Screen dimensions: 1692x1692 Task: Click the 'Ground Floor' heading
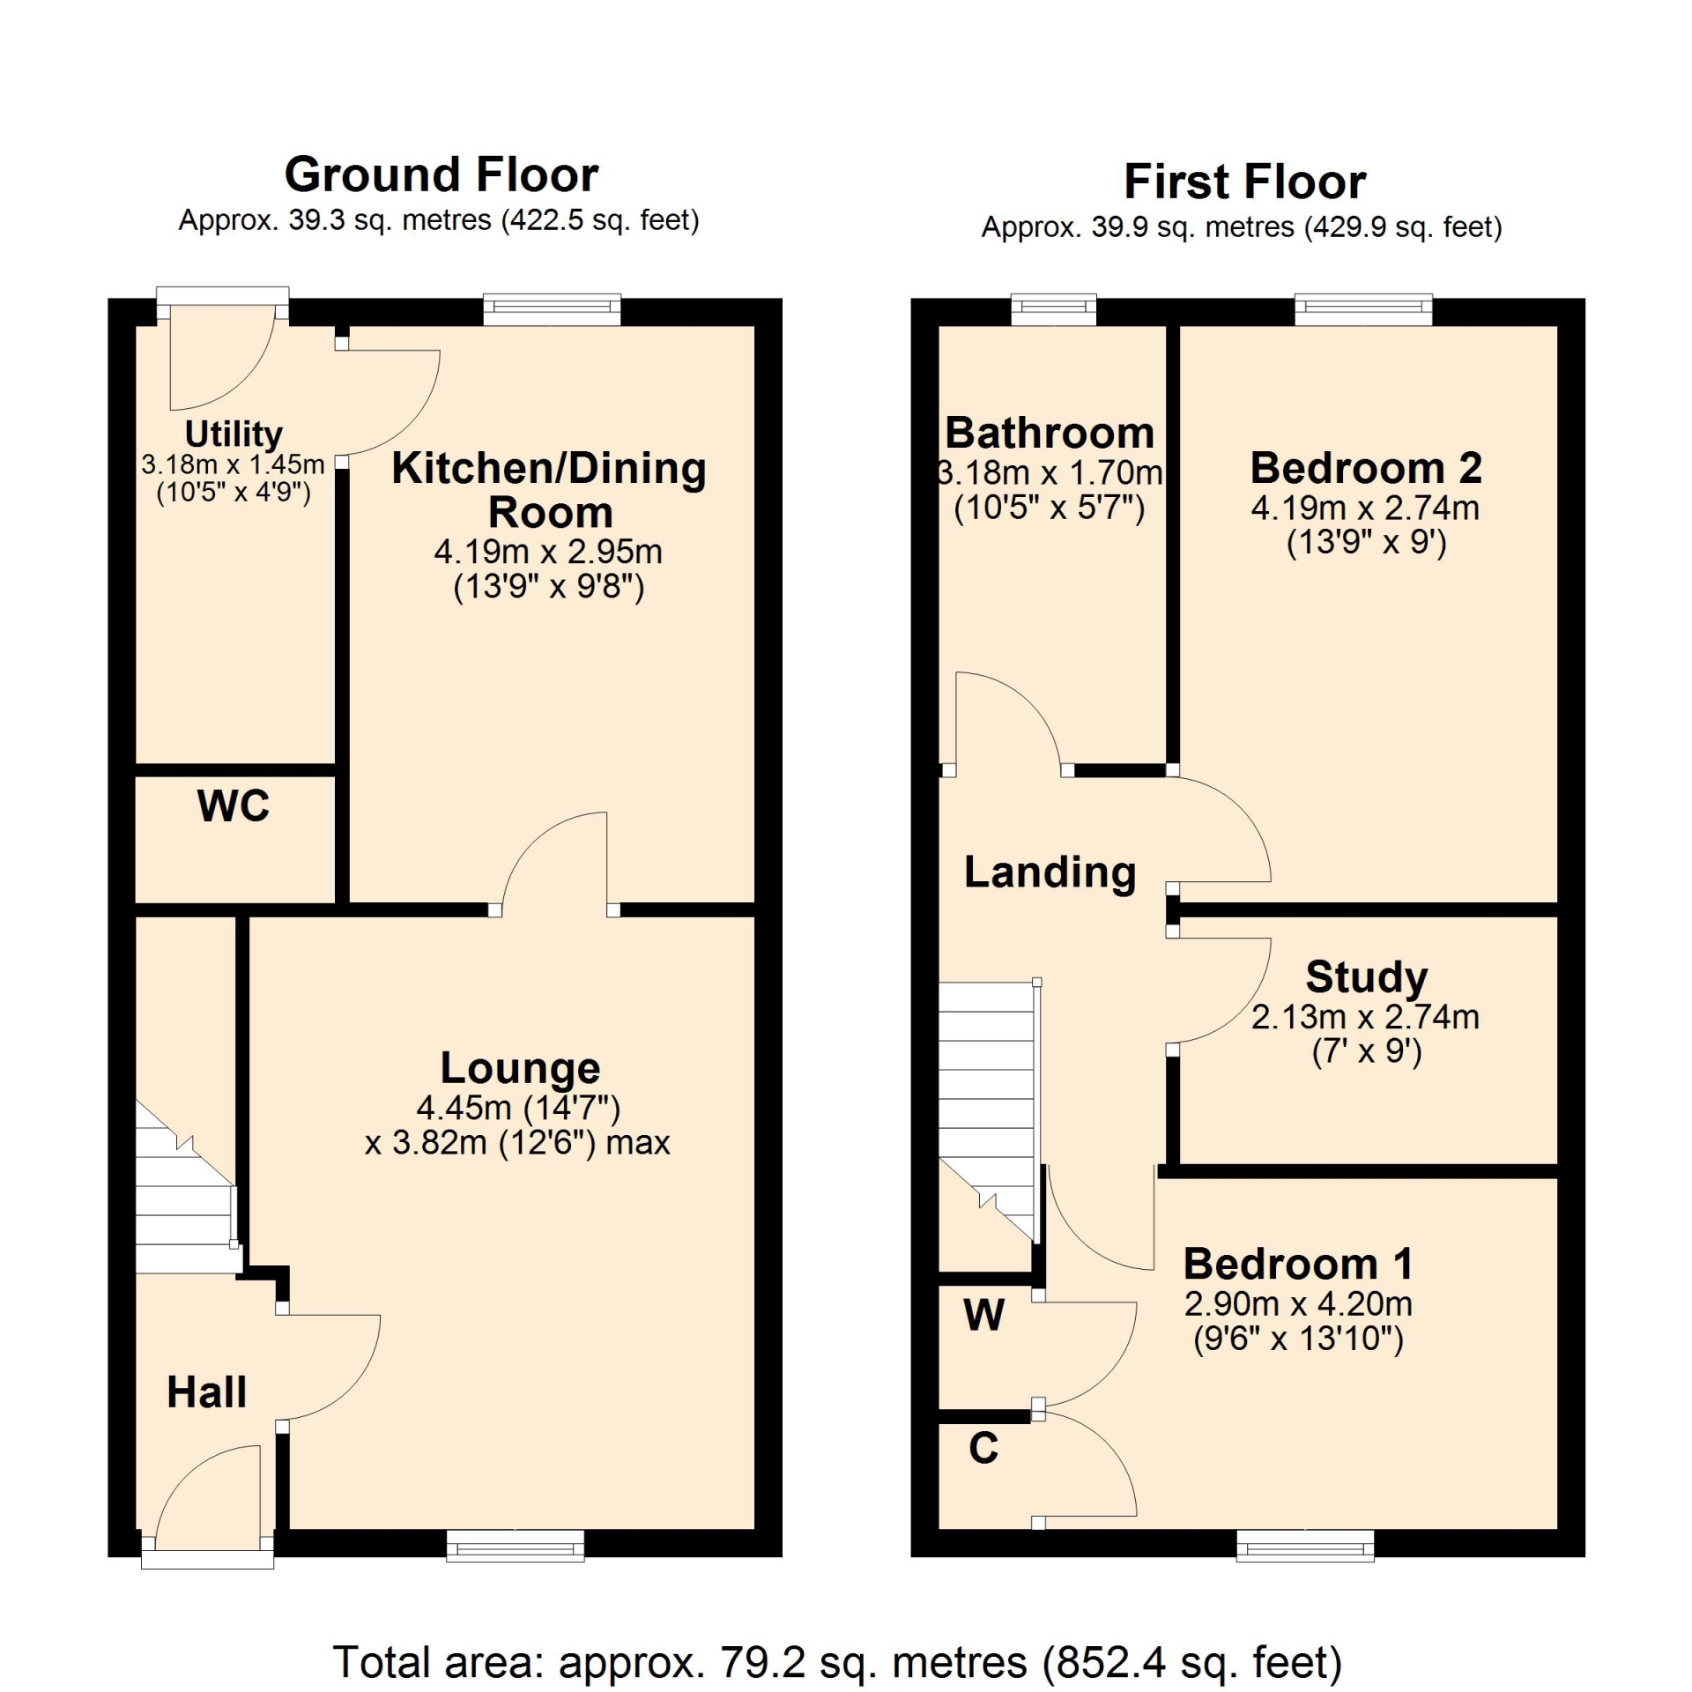(x=442, y=174)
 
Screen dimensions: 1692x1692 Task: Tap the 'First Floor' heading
(x=1244, y=182)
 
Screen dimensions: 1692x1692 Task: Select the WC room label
(x=234, y=805)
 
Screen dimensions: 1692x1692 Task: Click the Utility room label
(x=234, y=434)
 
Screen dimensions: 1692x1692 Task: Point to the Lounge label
(x=520, y=1068)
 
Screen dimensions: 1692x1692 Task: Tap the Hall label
(x=206, y=1392)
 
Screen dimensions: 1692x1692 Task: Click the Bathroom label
(x=1050, y=433)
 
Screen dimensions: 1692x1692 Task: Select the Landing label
(x=1050, y=872)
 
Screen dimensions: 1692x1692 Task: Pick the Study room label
(x=1366, y=976)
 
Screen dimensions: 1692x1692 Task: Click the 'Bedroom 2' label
(x=1366, y=468)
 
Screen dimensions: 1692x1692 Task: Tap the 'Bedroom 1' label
(x=1298, y=1264)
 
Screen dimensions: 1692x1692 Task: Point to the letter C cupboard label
(x=983, y=1447)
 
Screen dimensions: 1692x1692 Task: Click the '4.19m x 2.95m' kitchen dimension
(x=548, y=552)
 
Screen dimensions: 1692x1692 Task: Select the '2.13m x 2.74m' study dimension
(x=1365, y=1017)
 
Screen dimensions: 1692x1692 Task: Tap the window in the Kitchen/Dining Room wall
(x=553, y=308)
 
